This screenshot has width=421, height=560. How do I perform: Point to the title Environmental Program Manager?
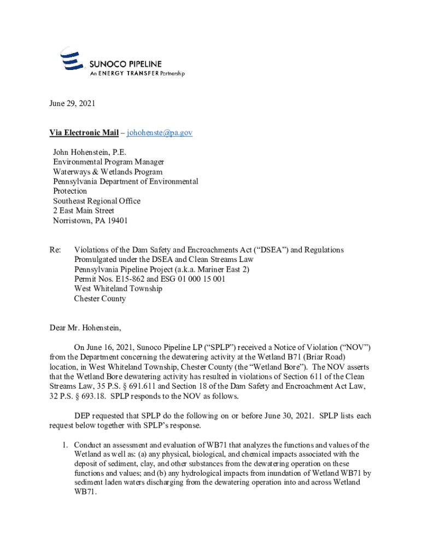pyautogui.click(x=108, y=162)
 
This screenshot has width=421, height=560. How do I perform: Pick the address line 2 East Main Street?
pyautogui.click(x=84, y=211)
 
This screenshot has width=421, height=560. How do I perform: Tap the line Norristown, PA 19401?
pyautogui.click(x=90, y=221)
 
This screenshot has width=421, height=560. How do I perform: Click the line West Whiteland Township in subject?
pyautogui.click(x=118, y=289)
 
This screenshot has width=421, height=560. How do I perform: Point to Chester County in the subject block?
pyautogui.click(x=100, y=299)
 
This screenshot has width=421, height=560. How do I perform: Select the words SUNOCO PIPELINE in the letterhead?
pyautogui.click(x=126, y=64)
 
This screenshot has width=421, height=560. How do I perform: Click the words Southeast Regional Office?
pyautogui.click(x=97, y=201)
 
